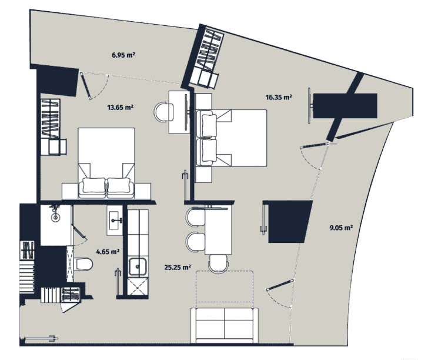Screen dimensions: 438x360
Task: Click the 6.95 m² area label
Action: click(123, 55)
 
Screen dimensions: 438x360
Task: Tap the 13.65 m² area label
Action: click(120, 107)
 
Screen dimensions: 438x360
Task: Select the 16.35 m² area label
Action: click(279, 97)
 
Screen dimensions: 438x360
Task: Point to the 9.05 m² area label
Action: click(341, 228)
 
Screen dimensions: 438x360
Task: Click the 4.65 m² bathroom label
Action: click(108, 252)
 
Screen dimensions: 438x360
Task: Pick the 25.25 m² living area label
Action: click(178, 267)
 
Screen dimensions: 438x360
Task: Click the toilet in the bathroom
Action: click(83, 264)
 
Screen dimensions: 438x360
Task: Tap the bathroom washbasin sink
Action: click(115, 220)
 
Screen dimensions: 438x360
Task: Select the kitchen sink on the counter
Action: click(137, 266)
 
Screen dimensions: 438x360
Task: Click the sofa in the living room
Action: click(225, 325)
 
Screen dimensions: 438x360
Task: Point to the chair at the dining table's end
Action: click(219, 264)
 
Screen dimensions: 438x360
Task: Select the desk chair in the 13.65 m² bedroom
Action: click(163, 112)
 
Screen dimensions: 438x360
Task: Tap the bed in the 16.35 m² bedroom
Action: click(231, 138)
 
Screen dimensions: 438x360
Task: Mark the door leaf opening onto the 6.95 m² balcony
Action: click(86, 86)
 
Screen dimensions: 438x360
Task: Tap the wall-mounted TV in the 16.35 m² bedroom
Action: click(309, 106)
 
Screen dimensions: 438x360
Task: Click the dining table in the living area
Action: click(219, 229)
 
